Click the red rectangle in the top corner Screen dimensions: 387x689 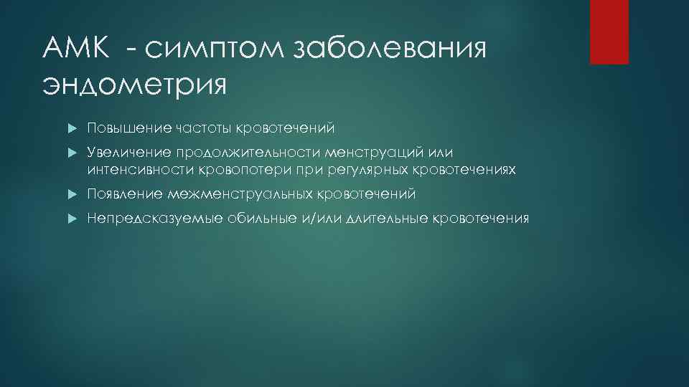pyautogui.click(x=609, y=32)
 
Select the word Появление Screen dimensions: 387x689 pyautogui.click(x=126, y=194)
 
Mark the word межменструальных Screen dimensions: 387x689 pyautogui.click(x=240, y=194)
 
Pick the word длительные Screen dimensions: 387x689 pyautogui.click(x=385, y=218)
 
